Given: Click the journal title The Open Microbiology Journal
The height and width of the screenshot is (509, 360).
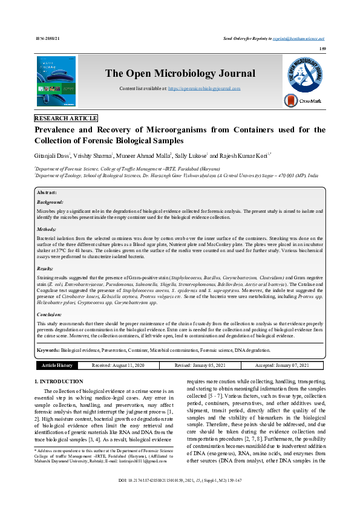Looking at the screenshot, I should point(180,74).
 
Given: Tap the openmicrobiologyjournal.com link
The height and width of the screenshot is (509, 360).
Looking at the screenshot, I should point(204,88).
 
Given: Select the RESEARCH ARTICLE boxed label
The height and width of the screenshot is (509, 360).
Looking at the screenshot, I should point(65,118).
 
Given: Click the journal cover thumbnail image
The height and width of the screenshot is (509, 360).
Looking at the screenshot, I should point(56,81).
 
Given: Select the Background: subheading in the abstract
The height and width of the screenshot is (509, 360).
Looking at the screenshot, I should point(50,202).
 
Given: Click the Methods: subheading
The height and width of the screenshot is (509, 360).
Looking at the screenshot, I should point(47,230).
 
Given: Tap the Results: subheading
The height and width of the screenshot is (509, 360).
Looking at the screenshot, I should point(45,268).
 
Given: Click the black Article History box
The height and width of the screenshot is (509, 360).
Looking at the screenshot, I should point(57,365).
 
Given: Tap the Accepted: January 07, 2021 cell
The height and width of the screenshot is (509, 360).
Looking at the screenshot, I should point(281,365).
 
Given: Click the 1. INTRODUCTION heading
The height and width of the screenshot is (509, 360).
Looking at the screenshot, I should point(59,382).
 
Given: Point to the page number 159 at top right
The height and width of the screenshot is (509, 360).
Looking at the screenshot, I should point(323,49).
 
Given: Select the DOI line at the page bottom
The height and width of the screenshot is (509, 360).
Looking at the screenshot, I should point(180,497).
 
